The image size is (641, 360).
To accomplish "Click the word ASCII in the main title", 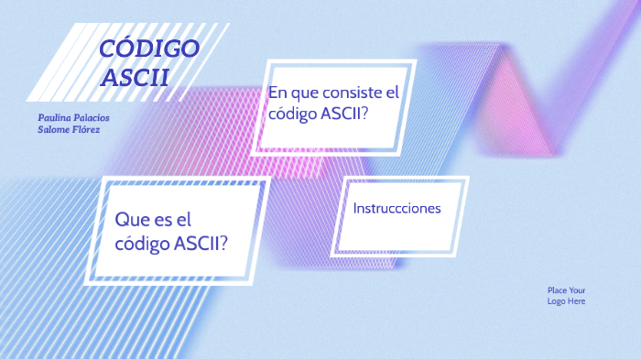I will (x=136, y=77).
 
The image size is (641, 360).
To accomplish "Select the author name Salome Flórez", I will (x=63, y=130).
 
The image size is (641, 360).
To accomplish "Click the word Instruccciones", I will (x=397, y=208).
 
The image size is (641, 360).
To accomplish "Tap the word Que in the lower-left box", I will (x=132, y=220).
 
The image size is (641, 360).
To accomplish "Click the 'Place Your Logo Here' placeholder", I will (x=566, y=295).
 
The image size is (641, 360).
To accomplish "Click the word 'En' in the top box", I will (x=277, y=93).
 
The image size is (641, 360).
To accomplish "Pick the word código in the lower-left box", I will (x=142, y=244).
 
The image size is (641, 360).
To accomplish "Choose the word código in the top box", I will (x=291, y=114).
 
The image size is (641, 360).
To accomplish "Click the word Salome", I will (x=51, y=130).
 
